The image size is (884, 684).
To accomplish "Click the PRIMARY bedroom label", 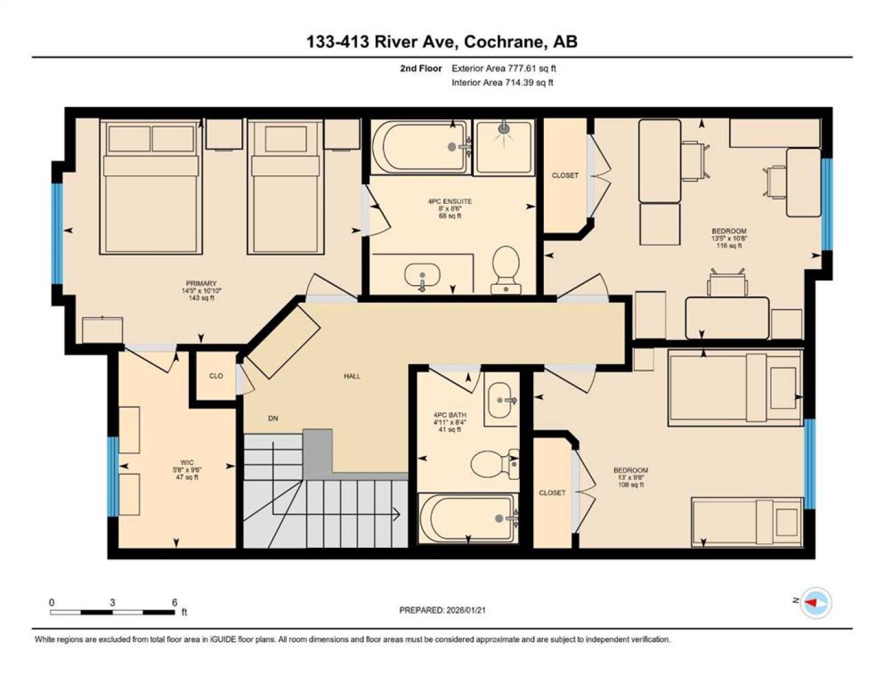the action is [x=201, y=283].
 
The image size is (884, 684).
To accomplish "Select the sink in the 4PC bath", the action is [x=501, y=400].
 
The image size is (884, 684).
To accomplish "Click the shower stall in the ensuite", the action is [x=504, y=146].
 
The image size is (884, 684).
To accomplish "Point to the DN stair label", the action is [x=273, y=418].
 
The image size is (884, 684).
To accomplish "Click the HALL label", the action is [x=352, y=376].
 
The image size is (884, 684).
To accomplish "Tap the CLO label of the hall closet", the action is [x=216, y=376].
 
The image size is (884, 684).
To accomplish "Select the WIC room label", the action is [x=187, y=462].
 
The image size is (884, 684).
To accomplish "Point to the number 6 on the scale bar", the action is [x=175, y=603].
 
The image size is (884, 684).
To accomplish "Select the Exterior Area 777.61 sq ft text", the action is [x=503, y=68].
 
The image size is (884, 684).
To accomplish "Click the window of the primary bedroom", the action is [x=58, y=234].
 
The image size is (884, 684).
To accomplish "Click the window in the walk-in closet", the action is [x=113, y=476].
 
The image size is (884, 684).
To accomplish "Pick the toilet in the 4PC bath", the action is [x=495, y=464].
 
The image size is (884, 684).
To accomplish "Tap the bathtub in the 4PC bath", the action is [x=468, y=518].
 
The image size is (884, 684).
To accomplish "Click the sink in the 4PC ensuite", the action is [x=422, y=275].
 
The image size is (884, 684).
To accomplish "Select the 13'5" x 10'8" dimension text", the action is [x=729, y=238].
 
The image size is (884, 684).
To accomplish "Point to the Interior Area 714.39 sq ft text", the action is [x=502, y=82].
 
